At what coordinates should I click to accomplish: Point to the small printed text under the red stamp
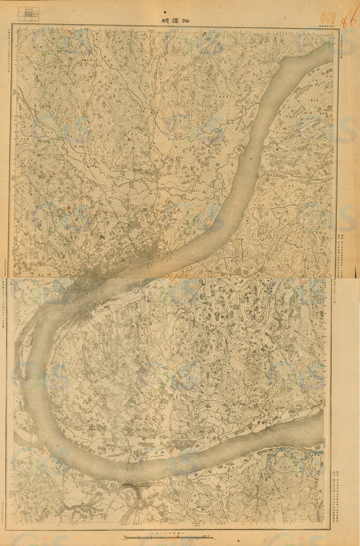[x=326, y=25]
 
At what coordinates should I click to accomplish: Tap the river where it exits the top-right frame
[x=329, y=48]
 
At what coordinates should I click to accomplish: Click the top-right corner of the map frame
[x=336, y=28]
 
